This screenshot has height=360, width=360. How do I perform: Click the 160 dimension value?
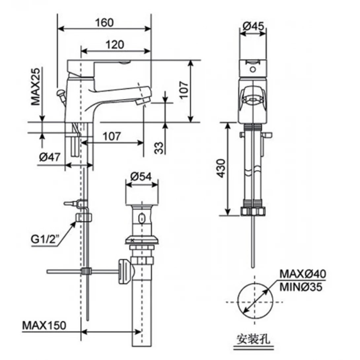click(104, 22)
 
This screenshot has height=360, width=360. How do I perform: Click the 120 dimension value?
click(115, 44)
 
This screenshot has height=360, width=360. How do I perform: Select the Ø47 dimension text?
click(50, 158)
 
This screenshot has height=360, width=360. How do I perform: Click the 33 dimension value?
click(159, 148)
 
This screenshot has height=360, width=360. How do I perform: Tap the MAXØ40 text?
click(303, 274)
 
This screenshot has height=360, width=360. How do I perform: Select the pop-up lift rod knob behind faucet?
click(61, 93)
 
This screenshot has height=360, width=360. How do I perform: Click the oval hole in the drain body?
click(142, 218)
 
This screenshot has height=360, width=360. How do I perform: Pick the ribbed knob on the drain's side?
click(125, 271)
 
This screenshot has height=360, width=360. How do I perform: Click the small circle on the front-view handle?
click(253, 70)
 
